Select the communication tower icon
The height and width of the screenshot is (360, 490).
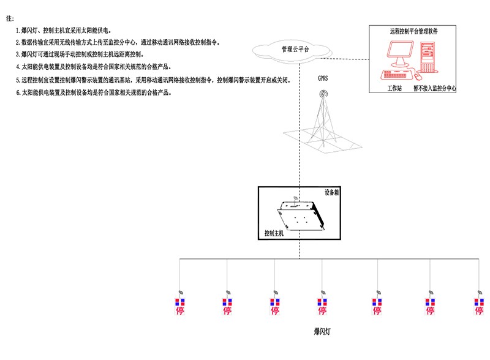(322, 119)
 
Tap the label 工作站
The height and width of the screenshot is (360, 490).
(394, 88)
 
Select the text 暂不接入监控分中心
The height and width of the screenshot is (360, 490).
(434, 88)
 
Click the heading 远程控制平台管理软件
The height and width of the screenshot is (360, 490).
(413, 30)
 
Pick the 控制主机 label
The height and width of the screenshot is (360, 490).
(274, 233)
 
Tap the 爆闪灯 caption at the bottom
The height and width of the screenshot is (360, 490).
(322, 331)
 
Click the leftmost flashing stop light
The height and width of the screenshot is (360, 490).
(179, 306)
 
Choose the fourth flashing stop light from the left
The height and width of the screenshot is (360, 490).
(322, 306)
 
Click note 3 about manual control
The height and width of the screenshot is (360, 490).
(80, 54)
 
